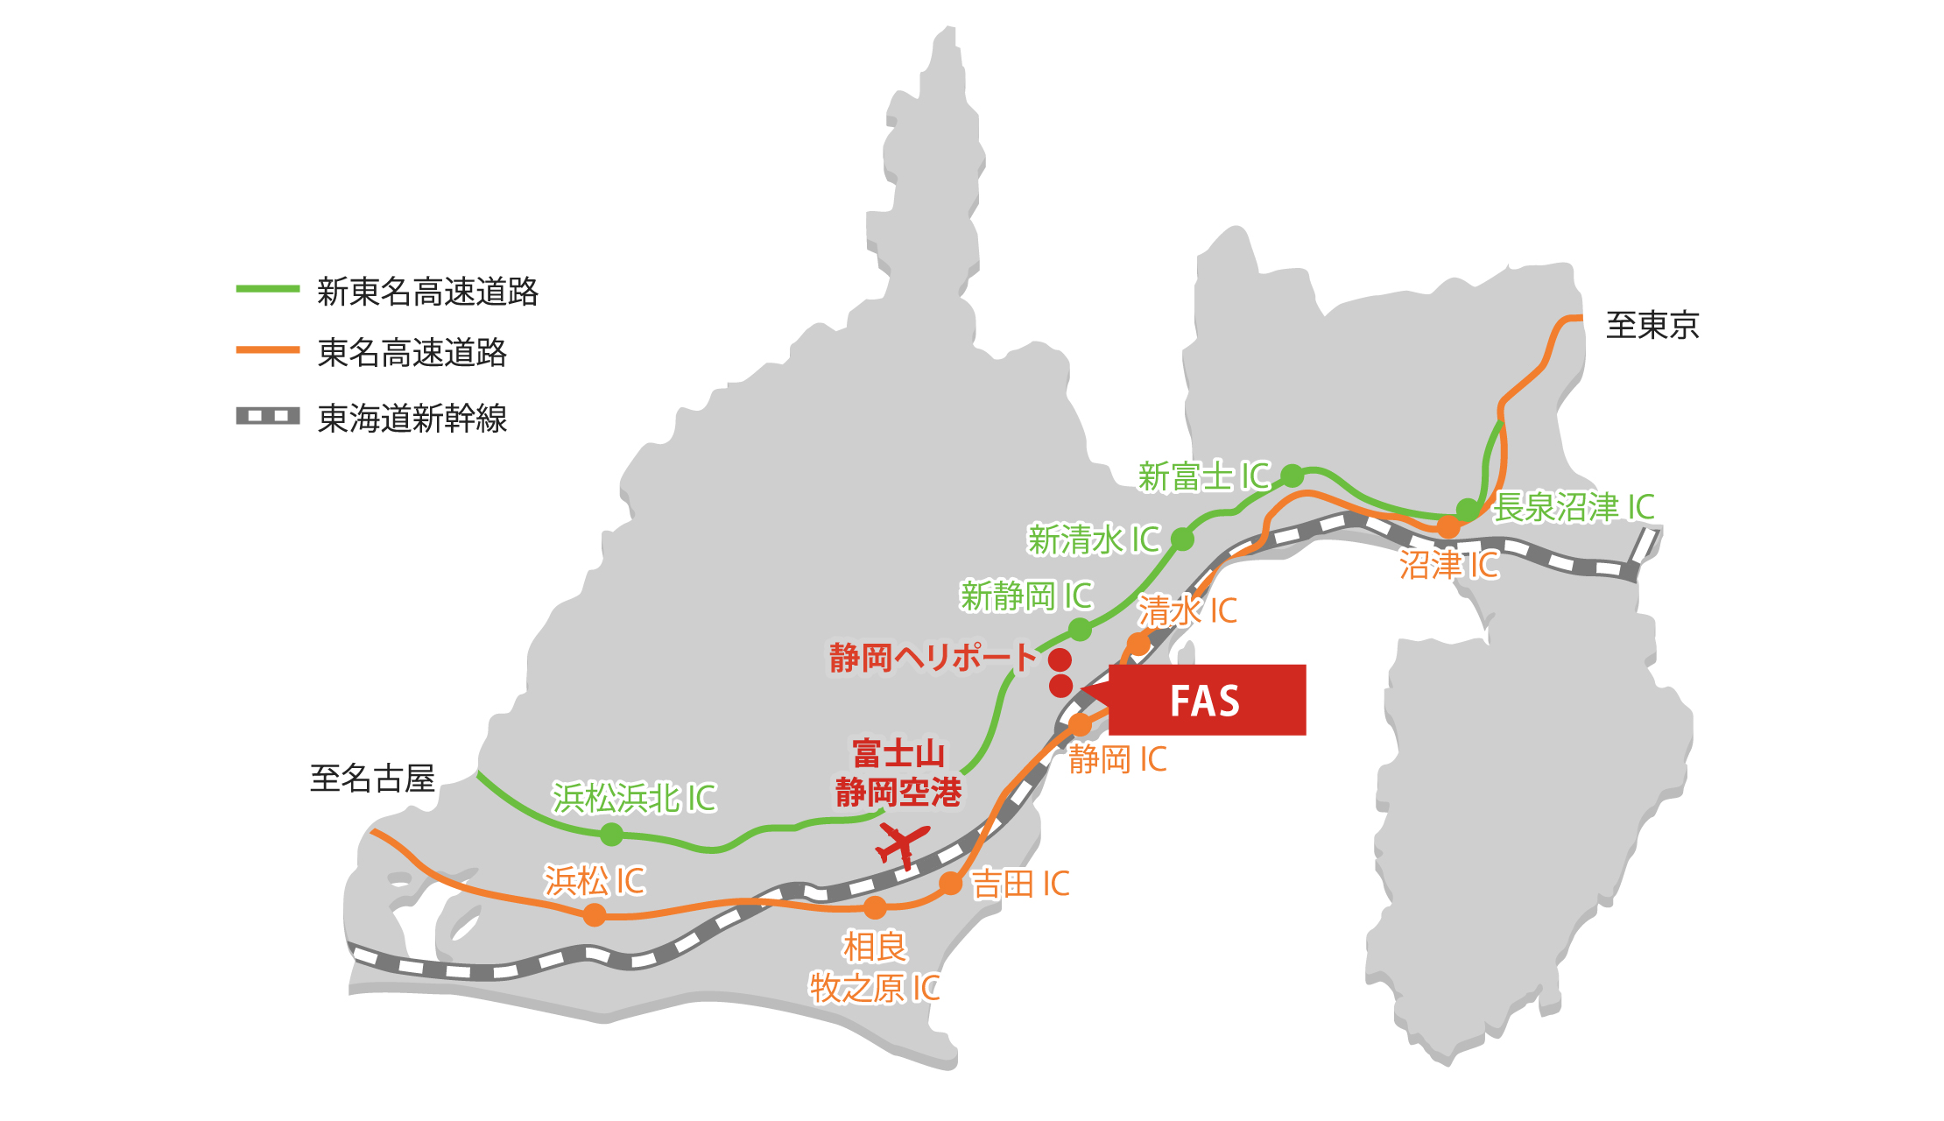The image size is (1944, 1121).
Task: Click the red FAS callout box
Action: pos(1207,700)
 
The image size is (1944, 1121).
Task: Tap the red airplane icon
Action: pos(902,845)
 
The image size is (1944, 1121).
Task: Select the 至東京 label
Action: pos(1652,325)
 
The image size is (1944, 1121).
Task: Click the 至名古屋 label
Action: pos(372,778)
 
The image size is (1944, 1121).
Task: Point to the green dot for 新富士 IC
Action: pos(1292,476)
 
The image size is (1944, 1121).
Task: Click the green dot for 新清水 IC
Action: pos(1182,539)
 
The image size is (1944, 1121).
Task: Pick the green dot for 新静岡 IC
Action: pos(1081,629)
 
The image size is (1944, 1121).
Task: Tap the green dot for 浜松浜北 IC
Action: pos(612,835)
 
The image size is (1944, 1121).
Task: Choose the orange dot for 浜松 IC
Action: pos(595,915)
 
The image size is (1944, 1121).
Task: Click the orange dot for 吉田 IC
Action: pos(951,884)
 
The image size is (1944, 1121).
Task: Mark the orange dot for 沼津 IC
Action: pos(1448,527)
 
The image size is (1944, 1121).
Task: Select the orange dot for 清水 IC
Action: pos(1138,645)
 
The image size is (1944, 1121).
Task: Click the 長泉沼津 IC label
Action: pos(1574,507)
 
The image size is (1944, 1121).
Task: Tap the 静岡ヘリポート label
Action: pos(933,657)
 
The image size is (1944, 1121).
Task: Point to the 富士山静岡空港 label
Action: pos(898,772)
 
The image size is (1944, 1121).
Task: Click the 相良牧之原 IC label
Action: pos(874,968)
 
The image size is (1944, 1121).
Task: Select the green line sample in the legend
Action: pos(268,289)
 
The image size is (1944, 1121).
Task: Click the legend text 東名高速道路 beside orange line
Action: pos(412,353)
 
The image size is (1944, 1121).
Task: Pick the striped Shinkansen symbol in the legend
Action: pos(268,416)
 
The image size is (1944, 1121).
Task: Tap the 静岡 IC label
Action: pos(1117,759)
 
